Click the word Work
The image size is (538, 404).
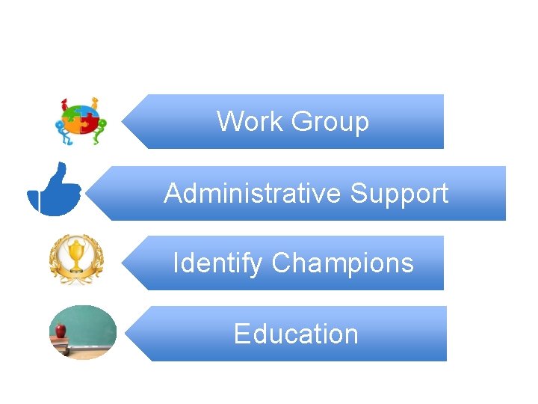pyautogui.click(x=249, y=121)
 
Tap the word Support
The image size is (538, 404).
pyautogui.click(x=399, y=195)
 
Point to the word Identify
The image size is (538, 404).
pyautogui.click(x=217, y=264)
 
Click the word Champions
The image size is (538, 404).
pyautogui.click(x=342, y=264)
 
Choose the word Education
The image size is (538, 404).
pyautogui.click(x=296, y=334)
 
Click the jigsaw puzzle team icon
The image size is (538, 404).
pyautogui.click(x=81, y=121)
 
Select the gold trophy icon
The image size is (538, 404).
pyautogui.click(x=76, y=260)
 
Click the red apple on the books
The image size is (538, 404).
pyautogui.click(x=61, y=329)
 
